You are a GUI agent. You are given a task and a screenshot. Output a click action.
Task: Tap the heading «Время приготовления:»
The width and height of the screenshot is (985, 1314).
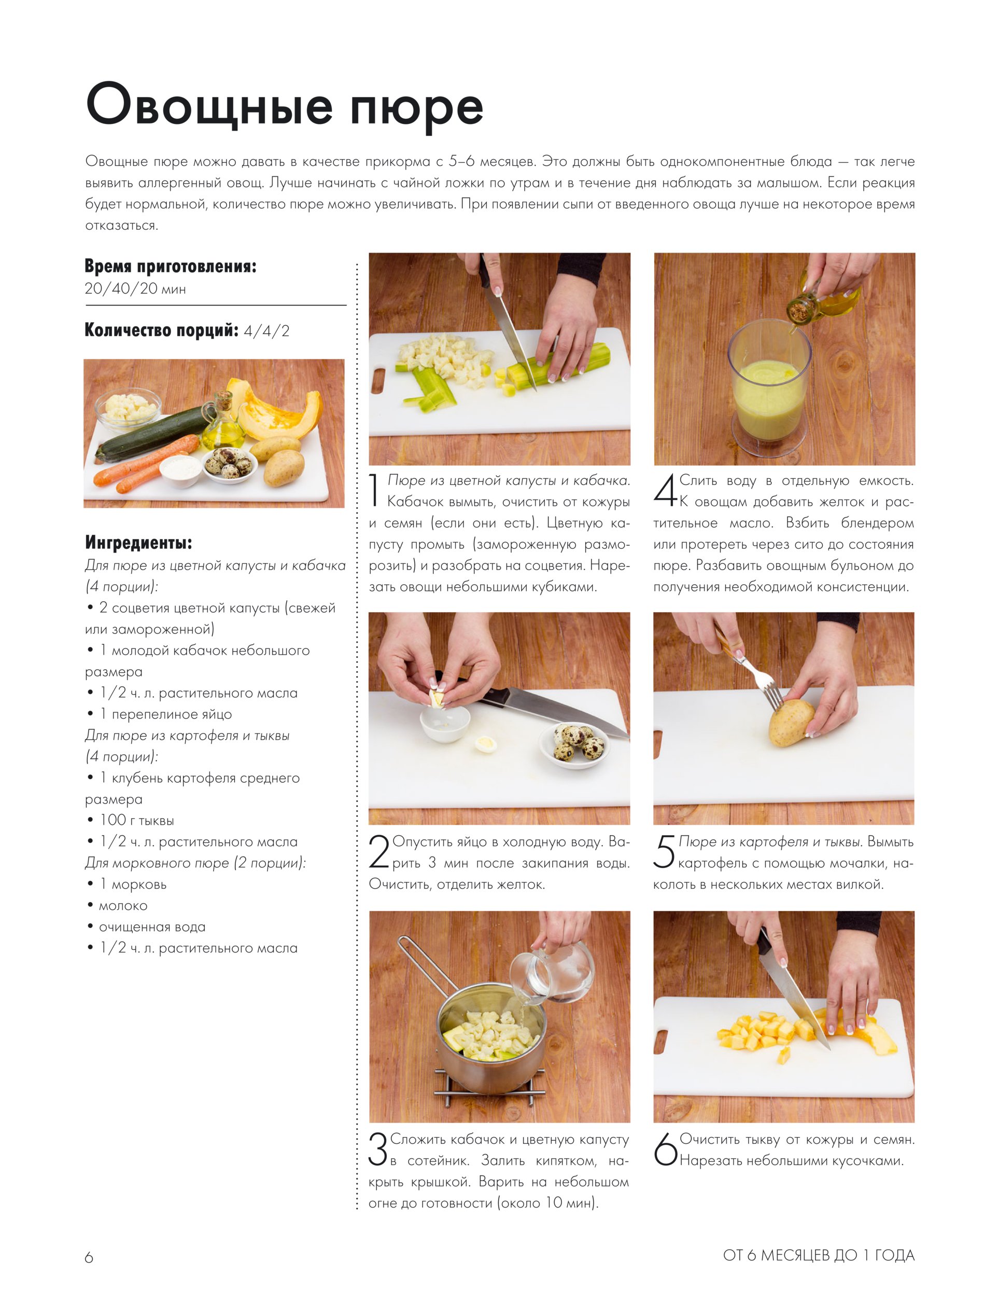pyautogui.click(x=171, y=266)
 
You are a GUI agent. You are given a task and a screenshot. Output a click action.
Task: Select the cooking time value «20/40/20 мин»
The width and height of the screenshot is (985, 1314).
pyautogui.click(x=135, y=289)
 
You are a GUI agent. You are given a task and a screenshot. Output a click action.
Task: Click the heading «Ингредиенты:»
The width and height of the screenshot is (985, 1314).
pyautogui.click(x=138, y=542)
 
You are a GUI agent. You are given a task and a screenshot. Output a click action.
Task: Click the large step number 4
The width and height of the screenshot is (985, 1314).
pyautogui.click(x=665, y=490)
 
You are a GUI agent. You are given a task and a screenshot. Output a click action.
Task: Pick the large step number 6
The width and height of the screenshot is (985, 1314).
pyautogui.click(x=665, y=1149)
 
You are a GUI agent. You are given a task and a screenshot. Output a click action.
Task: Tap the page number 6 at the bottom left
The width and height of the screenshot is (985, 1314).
pyautogui.click(x=89, y=1257)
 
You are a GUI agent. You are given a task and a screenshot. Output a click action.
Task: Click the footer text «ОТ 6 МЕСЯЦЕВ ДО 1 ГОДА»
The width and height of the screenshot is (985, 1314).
pyautogui.click(x=819, y=1255)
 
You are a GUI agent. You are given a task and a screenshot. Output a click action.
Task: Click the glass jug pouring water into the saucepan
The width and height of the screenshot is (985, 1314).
pyautogui.click(x=552, y=974)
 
